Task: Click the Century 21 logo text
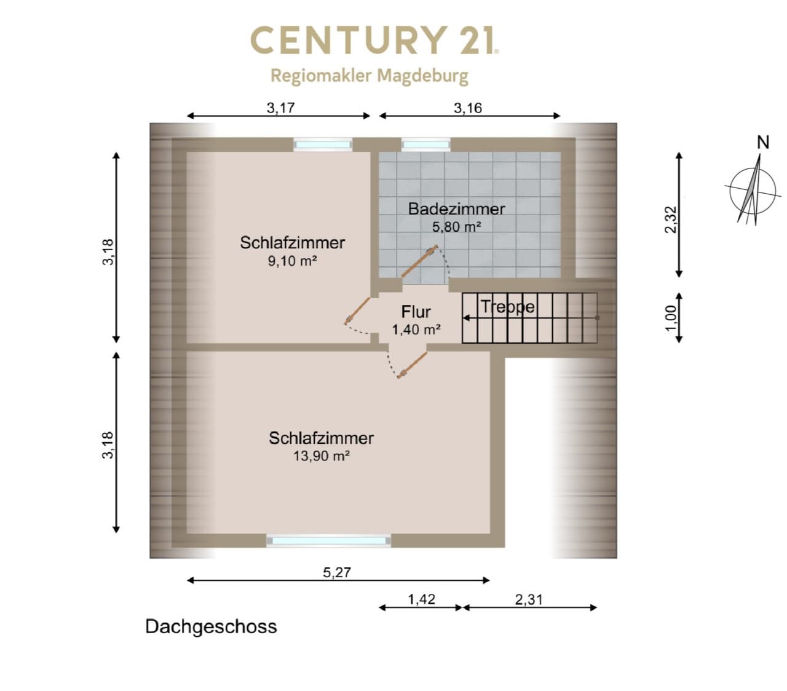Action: click(x=374, y=40)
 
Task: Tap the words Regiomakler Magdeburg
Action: click(x=369, y=76)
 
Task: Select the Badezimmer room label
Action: click(x=456, y=209)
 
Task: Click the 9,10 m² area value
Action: click(x=292, y=261)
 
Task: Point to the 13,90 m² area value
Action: click(x=321, y=456)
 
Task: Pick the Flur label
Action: click(x=416, y=312)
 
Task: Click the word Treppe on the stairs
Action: click(x=507, y=307)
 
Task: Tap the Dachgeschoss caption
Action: click(x=211, y=627)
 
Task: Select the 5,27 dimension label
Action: click(x=337, y=572)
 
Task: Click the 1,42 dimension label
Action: click(x=421, y=599)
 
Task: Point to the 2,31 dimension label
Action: click(x=529, y=600)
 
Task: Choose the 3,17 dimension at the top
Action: click(x=280, y=108)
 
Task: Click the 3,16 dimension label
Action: click(x=468, y=108)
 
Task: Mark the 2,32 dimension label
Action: click(x=671, y=219)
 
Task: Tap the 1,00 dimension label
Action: click(x=671, y=318)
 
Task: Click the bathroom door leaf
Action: click(x=419, y=261)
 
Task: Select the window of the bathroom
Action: click(x=425, y=145)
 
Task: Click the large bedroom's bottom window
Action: click(x=328, y=540)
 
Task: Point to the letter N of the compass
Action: click(x=763, y=143)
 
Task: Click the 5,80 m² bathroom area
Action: click(x=456, y=226)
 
